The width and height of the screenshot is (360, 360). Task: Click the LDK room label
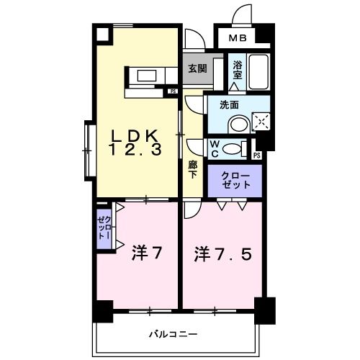point(135,135)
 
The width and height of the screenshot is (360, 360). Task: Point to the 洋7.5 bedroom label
point(222,253)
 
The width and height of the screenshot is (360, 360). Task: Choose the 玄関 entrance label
point(197,69)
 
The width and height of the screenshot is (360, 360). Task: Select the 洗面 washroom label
point(229,104)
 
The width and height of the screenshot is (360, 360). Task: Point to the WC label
point(215,148)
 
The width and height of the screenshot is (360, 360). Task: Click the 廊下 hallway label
point(193,170)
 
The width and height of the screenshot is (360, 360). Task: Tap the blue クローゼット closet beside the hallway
point(236,180)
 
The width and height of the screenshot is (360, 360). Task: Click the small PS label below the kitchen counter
point(173,91)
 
